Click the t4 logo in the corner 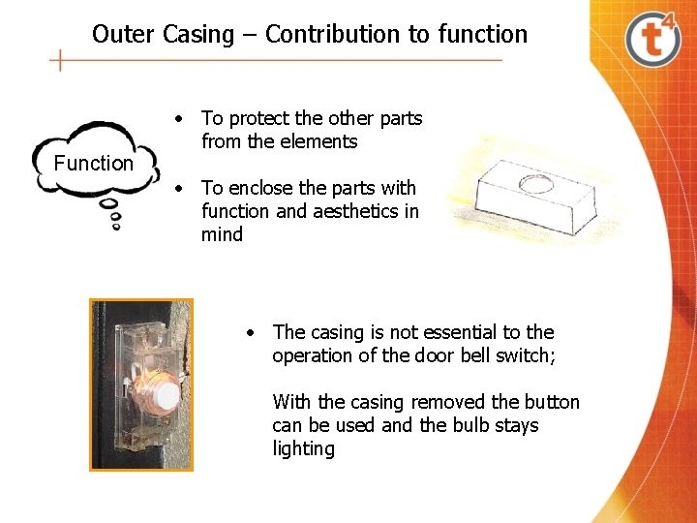(654, 40)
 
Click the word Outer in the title (124, 35)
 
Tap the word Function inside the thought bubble (93, 164)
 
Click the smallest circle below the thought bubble (117, 228)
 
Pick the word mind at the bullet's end (222, 234)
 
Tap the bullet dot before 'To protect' (179, 119)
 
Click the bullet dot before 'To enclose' (179, 189)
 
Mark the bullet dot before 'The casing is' (250, 333)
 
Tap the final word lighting (303, 448)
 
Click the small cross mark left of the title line (61, 61)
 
